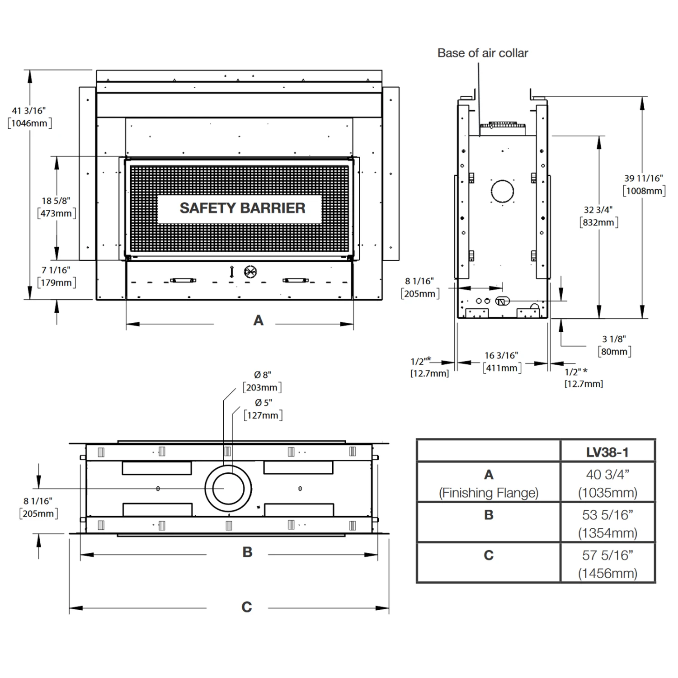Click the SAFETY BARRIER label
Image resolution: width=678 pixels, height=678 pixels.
[x=242, y=208]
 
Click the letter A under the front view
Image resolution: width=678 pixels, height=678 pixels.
[x=258, y=320]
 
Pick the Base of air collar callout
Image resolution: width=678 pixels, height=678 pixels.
[x=482, y=53]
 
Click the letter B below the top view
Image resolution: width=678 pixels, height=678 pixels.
[x=247, y=552]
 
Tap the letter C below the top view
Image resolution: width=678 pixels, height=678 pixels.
[x=246, y=607]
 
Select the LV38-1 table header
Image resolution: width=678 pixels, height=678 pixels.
[x=607, y=452]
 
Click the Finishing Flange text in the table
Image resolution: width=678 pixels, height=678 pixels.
[x=489, y=493]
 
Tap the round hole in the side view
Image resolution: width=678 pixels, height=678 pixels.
[x=502, y=191]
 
